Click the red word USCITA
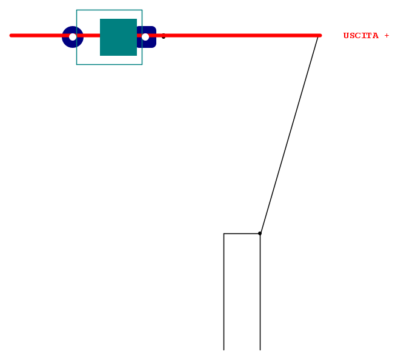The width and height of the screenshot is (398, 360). point(360,36)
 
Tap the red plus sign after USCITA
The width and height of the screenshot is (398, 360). point(386,36)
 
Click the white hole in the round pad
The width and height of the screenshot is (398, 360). point(73,37)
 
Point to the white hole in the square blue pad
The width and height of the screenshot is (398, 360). point(145,37)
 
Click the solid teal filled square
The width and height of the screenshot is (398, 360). point(118,37)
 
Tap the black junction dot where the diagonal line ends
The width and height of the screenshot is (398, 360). point(260,233)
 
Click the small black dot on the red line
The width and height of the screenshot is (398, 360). point(164,36)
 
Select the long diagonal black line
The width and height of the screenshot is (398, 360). point(289,135)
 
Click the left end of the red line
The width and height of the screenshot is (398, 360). point(11,36)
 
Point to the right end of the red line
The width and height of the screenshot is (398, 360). point(320,36)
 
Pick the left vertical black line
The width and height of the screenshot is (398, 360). point(224,292)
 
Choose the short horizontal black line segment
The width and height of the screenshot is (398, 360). point(242,233)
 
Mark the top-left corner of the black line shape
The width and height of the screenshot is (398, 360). point(224,233)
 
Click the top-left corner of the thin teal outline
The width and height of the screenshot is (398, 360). point(77,10)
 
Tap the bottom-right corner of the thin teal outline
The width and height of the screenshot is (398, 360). point(142,64)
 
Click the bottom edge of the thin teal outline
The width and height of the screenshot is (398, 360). point(110,64)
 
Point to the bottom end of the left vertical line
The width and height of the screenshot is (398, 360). point(224,350)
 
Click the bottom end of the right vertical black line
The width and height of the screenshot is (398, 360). point(260,350)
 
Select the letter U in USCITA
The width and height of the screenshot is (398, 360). point(347,36)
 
